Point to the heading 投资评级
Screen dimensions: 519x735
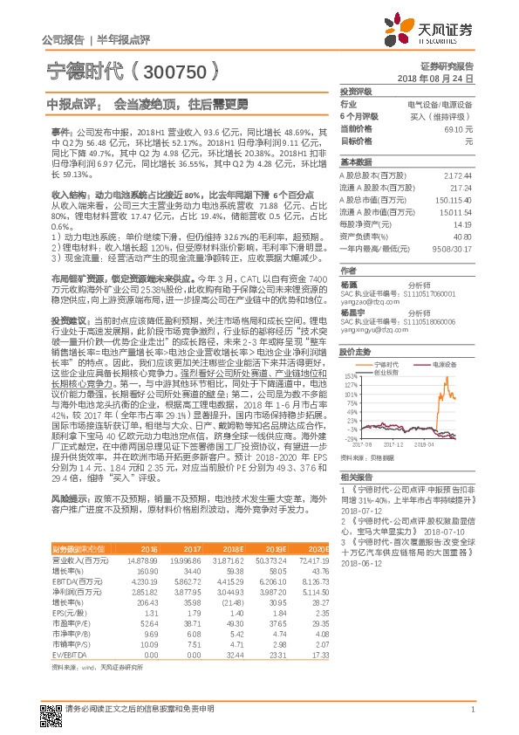(x=356, y=91)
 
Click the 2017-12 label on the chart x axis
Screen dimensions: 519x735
(x=395, y=445)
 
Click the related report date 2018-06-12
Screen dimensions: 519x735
(x=361, y=563)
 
